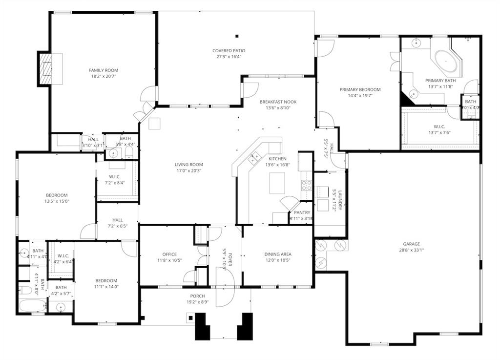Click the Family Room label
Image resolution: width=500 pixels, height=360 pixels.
(x=104, y=70)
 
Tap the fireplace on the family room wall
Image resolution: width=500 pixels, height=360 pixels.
(x=45, y=69)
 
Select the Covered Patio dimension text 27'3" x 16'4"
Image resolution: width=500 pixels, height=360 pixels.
(x=229, y=57)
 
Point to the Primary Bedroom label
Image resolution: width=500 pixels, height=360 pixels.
(x=360, y=90)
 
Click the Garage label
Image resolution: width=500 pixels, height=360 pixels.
(x=411, y=244)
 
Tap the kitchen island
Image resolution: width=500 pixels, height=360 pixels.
(x=277, y=183)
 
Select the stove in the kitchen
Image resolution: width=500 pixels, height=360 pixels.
(x=306, y=185)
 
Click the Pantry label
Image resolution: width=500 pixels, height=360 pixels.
(x=302, y=212)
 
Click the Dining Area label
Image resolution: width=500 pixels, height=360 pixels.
(x=278, y=254)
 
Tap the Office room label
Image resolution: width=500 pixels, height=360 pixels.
(x=169, y=254)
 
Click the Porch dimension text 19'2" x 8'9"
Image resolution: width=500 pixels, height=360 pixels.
(x=197, y=302)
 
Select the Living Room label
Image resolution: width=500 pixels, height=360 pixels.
(x=189, y=165)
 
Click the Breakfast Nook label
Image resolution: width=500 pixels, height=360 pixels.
(x=278, y=102)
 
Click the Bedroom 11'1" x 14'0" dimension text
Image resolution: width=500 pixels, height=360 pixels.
(x=106, y=287)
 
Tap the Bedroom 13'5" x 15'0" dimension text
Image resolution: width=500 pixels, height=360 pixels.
(x=57, y=201)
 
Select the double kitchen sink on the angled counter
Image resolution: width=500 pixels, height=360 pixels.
(x=253, y=158)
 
